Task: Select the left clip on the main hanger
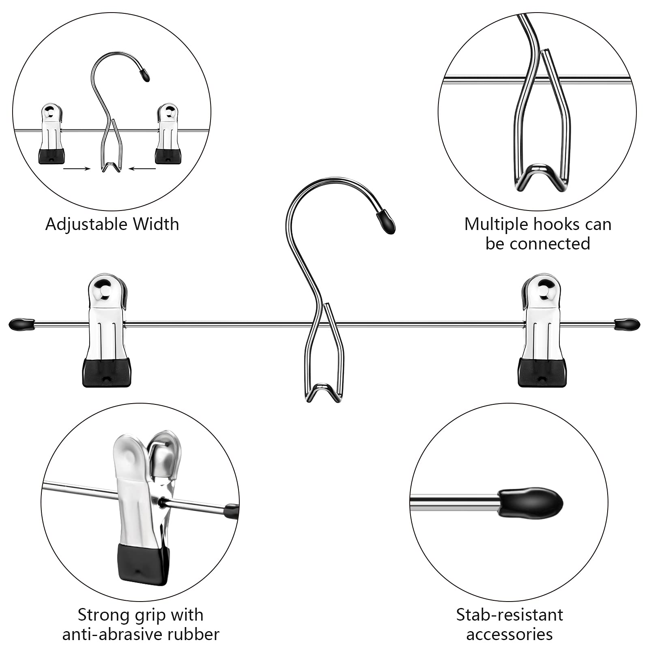pyautogui.click(x=107, y=330)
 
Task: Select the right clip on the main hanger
pyautogui.click(x=542, y=330)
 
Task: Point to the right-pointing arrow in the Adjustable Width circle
pyautogui.click(x=77, y=168)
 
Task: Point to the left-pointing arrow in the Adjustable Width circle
pyautogui.click(x=142, y=168)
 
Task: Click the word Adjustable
pyautogui.click(x=87, y=225)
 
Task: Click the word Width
pyautogui.click(x=156, y=224)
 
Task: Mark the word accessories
pyautogui.click(x=509, y=634)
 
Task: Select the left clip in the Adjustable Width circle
pyautogui.click(x=52, y=133)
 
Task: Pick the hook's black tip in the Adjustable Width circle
pyautogui.click(x=144, y=75)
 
